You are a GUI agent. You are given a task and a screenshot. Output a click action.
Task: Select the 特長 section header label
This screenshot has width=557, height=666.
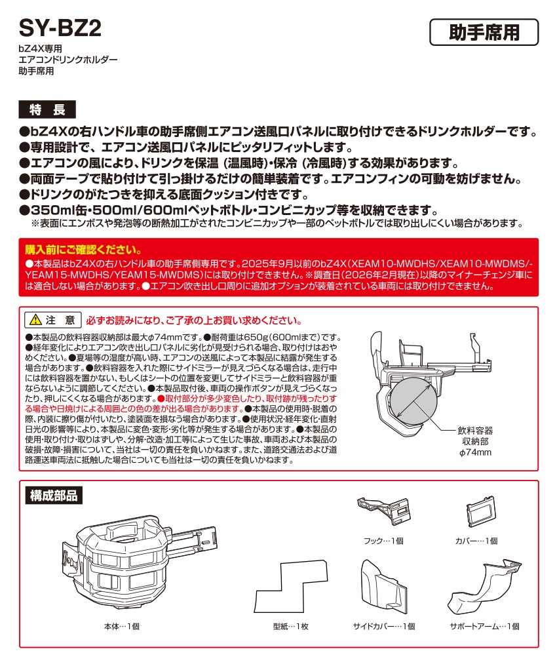tap(48, 108)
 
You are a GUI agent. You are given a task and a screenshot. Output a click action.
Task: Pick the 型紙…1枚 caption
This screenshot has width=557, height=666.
tap(290, 626)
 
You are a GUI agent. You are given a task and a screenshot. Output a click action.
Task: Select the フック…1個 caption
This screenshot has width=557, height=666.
tap(383, 541)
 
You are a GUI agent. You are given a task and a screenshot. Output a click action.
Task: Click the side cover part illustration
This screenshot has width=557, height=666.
tap(383, 585)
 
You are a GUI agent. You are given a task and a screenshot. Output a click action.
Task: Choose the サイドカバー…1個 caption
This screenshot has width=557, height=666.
tap(383, 626)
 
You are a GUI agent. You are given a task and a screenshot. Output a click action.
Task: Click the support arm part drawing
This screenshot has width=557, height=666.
tap(482, 585)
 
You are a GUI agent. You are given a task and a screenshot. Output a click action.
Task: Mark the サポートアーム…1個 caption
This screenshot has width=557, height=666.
tap(484, 626)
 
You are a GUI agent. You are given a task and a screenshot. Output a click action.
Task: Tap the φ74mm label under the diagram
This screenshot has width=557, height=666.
tap(475, 452)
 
